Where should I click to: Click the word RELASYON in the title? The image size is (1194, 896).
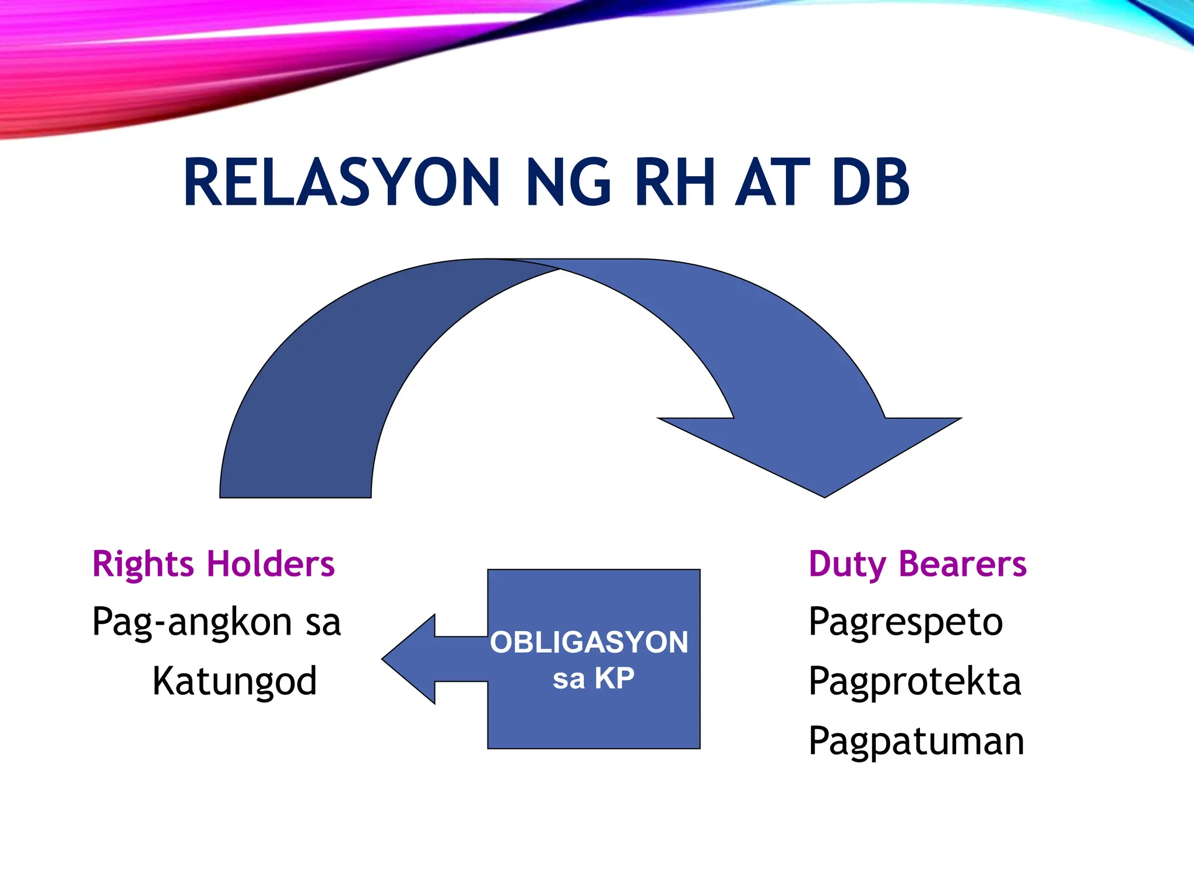coord(342,183)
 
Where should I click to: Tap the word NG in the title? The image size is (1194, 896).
coord(568,183)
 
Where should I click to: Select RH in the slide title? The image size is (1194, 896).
coord(675,183)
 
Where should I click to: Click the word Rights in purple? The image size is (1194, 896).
coord(143,565)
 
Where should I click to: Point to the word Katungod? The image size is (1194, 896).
coord(234,682)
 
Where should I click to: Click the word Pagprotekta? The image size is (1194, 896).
coord(915,682)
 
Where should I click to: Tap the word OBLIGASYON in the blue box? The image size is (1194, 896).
coord(589,642)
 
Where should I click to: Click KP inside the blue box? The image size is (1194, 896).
coord(614,678)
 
